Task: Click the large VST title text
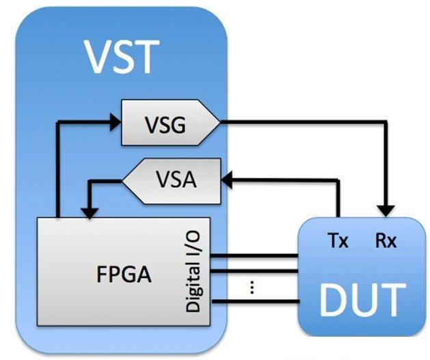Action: [122, 57]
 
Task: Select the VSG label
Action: [165, 124]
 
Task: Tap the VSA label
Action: [176, 180]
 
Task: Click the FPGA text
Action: [124, 274]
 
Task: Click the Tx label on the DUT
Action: [338, 241]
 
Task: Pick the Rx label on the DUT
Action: [386, 241]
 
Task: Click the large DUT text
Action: [362, 300]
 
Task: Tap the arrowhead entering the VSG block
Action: [115, 122]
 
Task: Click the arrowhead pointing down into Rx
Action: [386, 211]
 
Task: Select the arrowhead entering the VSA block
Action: [226, 180]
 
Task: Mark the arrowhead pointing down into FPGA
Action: [89, 213]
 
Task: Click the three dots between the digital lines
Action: [252, 288]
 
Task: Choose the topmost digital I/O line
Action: [255, 256]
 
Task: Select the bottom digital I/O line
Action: [256, 302]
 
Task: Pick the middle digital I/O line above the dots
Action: [255, 272]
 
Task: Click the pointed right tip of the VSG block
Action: [220, 122]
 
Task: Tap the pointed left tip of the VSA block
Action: [122, 180]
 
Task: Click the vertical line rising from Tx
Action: [338, 198]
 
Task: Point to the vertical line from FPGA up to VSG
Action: [58, 169]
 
